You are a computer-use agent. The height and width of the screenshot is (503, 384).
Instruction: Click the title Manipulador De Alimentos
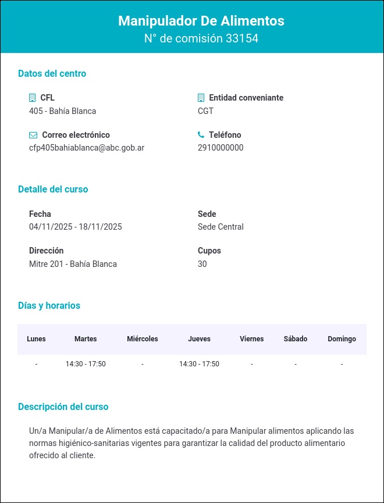pos(201,21)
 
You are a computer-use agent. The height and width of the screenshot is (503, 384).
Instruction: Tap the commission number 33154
pos(242,39)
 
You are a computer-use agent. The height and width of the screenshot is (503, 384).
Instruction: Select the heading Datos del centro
pos(52,74)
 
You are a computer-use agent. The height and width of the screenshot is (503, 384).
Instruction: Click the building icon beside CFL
pos(33,98)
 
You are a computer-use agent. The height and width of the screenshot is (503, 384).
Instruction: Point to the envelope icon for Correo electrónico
pos(33,135)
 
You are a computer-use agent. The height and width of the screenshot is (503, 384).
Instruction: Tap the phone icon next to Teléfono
pos(201,135)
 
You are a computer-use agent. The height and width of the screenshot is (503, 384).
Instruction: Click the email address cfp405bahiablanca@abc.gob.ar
pos(87,148)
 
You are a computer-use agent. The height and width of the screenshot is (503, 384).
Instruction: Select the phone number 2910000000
pos(221,148)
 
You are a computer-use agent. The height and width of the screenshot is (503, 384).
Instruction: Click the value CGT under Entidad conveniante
pos(205,111)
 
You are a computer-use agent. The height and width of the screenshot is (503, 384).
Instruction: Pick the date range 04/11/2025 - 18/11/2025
pos(76,227)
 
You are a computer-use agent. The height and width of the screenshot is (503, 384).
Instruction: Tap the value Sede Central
pos(221,227)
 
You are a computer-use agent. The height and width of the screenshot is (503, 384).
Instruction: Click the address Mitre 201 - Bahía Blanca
pos(73,264)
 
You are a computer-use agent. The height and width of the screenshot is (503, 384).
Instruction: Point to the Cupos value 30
pos(202,264)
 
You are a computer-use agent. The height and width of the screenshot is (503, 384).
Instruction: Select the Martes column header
pos(86,339)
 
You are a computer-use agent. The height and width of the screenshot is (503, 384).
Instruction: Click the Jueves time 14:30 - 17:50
pos(199,364)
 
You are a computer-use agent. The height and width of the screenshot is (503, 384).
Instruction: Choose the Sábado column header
pos(296,339)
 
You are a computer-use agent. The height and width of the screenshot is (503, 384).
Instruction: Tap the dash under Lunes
pos(36,364)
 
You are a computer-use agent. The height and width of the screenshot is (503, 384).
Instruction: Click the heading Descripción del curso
pos(63,407)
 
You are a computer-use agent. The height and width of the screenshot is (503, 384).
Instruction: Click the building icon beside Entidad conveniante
pos(201,98)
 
